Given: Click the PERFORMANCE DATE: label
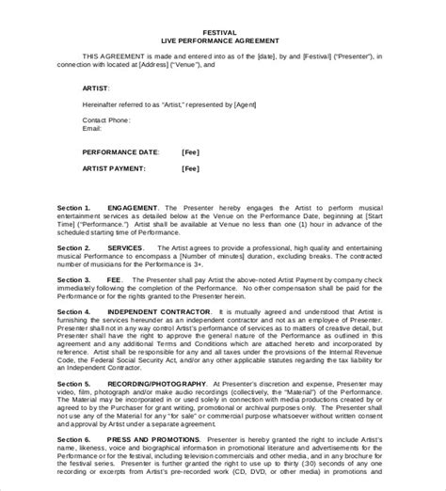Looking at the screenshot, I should tap(120, 150).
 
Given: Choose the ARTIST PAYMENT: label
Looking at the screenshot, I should tap(116, 168).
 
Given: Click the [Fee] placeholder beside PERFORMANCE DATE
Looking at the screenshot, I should tap(191, 150).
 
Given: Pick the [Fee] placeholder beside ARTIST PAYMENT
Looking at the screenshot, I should tap(191, 168).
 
